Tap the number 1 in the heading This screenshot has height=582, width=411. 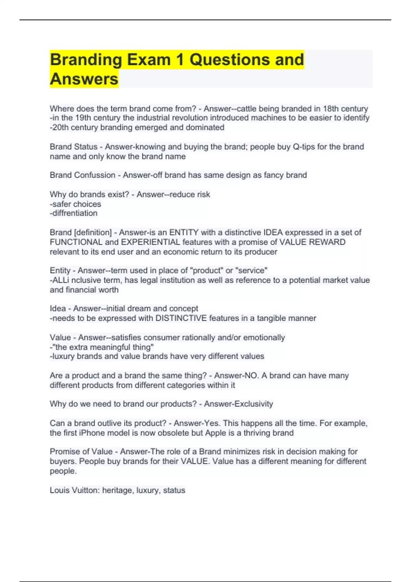pos(180,60)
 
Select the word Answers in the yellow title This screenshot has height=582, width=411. pos(84,79)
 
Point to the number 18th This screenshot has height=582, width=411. pos(331,109)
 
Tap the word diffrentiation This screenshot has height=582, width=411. pos(75,213)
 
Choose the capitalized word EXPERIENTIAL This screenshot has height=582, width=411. pos(150,242)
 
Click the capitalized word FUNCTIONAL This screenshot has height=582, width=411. pos(76,242)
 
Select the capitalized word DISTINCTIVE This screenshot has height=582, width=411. pos(181,318)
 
